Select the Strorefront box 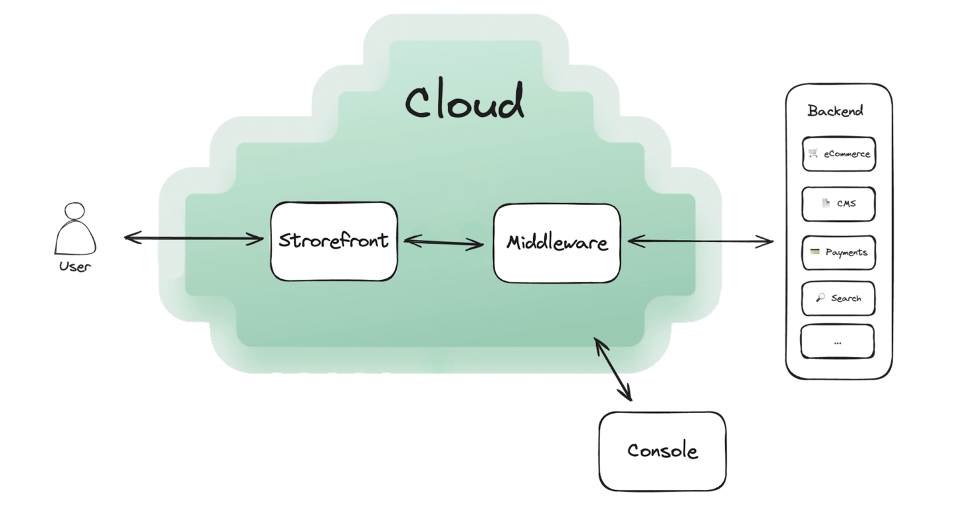tap(334, 241)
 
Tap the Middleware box tap(556, 242)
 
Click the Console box tap(662, 451)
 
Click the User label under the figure tap(75, 267)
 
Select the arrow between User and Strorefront tap(193, 237)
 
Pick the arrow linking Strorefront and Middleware tap(444, 242)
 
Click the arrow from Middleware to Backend tap(700, 241)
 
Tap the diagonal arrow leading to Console tap(612, 368)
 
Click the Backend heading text tap(835, 111)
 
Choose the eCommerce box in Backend tap(839, 154)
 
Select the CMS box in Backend tap(839, 204)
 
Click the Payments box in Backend tap(839, 252)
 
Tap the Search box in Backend tap(839, 298)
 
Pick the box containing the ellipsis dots tap(838, 342)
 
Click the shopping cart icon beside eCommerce tap(813, 153)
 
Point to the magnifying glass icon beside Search tap(820, 297)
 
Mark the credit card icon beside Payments tap(815, 252)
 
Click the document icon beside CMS tap(826, 203)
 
